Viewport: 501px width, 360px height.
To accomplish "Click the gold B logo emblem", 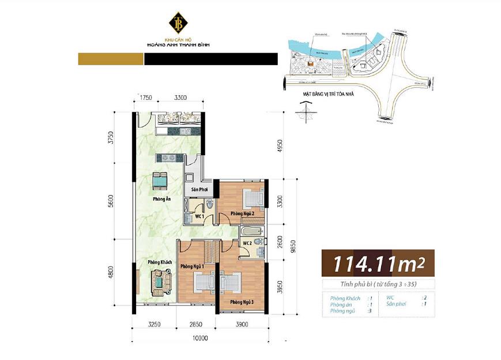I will point(178,22).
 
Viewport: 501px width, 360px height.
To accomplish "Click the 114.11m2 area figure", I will point(378,264).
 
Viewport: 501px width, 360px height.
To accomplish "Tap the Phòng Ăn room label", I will point(161,199).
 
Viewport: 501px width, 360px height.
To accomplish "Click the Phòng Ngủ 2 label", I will point(242,214).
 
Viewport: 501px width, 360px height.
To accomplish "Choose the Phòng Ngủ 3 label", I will point(242,302).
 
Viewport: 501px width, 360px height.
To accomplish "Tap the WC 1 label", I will point(199,216).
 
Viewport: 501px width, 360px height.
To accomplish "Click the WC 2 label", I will point(247,243).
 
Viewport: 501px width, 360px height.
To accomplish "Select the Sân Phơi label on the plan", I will point(199,189).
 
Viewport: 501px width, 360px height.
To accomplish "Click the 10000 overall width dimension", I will point(200,338).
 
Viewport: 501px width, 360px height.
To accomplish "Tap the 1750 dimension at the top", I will point(146,97).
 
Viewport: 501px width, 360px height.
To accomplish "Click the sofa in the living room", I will point(159,282).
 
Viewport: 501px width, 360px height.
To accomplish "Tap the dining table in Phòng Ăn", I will point(160,182).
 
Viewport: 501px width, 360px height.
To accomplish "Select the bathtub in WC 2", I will point(248,232).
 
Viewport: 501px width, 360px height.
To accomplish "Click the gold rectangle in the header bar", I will point(111,59).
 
